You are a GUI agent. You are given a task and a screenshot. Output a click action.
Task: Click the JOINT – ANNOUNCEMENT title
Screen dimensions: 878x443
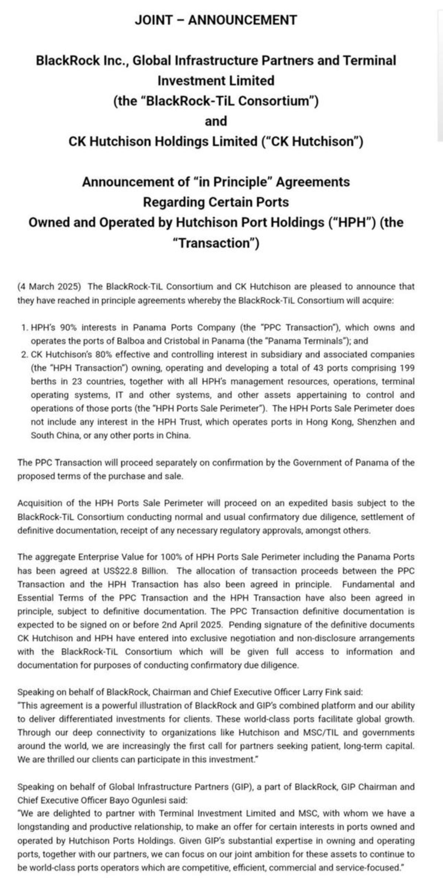[x=216, y=20]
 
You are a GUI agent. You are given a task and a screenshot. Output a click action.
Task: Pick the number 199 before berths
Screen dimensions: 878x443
[x=407, y=368]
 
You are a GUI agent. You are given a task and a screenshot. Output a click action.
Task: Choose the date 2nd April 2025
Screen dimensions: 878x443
[x=192, y=625]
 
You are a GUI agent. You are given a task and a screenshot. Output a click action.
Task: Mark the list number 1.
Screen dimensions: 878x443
[x=24, y=327]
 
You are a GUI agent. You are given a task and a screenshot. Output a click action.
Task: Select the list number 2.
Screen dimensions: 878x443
[x=24, y=354]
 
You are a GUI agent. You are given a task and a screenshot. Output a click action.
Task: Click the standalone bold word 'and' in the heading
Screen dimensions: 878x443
[x=216, y=121]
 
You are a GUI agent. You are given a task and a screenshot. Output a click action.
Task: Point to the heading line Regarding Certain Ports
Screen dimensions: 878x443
[x=216, y=202]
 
